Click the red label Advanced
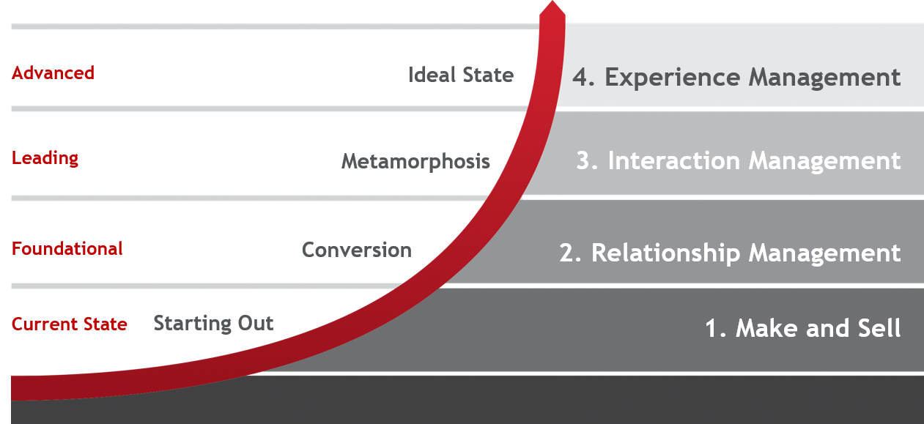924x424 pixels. coord(53,73)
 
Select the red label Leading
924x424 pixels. coord(45,158)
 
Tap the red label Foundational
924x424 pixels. coord(67,249)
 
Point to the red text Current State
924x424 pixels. coord(70,324)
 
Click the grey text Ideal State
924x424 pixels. coord(461,75)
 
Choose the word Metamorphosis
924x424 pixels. coord(415,162)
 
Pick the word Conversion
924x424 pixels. coord(357,250)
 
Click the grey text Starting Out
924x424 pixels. coord(213,324)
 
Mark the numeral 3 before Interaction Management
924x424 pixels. coord(583,161)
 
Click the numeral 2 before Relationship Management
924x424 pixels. coord(568,253)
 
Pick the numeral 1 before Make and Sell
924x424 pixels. coord(712,328)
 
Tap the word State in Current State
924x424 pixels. coord(104,324)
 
